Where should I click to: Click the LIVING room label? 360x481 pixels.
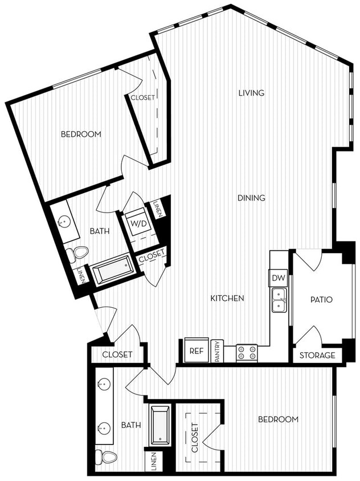click(251, 93)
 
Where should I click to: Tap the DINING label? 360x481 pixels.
click(251, 198)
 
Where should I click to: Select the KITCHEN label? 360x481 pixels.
click(227, 298)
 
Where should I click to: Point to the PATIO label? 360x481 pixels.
click(321, 299)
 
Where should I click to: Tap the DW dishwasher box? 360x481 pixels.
click(278, 278)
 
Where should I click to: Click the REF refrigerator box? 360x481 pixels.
click(197, 351)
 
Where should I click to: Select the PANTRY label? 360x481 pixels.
click(218, 351)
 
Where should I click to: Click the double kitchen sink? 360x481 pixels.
click(279, 300)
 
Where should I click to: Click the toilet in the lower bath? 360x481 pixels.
click(105, 456)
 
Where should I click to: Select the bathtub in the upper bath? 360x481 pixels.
click(112, 270)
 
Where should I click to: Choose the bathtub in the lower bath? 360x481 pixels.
click(159, 425)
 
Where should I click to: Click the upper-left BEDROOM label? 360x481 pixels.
click(81, 134)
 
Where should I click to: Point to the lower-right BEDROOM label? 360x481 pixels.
click(278, 419)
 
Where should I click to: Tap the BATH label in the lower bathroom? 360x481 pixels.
click(131, 425)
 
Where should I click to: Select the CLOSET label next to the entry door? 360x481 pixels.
click(117, 354)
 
